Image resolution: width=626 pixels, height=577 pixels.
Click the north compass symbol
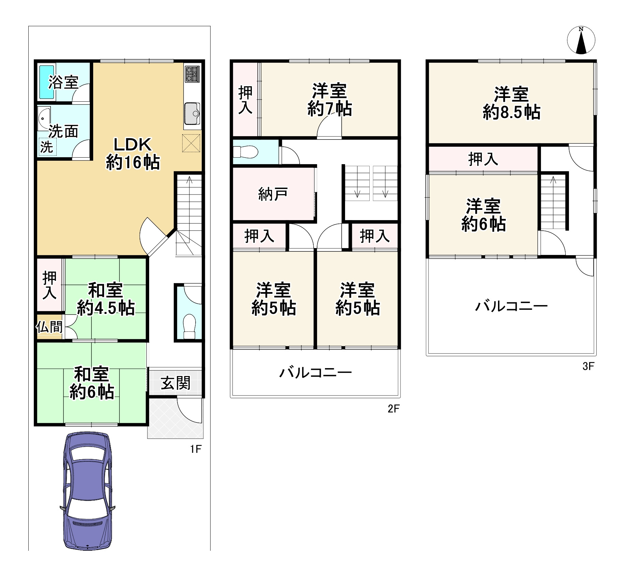click(581, 40)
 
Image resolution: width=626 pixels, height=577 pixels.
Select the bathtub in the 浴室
click(47, 82)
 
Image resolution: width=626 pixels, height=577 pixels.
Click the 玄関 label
click(175, 383)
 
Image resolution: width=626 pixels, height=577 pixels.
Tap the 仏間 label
click(50, 327)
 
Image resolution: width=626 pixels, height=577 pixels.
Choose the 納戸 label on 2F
click(273, 194)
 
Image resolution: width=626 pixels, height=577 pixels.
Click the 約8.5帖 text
click(511, 112)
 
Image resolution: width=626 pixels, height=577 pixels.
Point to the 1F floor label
click(196, 449)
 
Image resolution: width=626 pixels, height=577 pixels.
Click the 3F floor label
click(588, 366)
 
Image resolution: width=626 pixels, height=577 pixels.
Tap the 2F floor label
click(394, 408)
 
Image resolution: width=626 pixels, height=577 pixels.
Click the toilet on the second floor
click(245, 152)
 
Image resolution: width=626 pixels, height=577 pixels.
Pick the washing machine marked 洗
click(47, 147)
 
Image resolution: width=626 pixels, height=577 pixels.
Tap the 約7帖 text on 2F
click(329, 109)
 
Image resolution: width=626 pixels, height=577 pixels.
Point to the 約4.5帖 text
click(106, 308)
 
